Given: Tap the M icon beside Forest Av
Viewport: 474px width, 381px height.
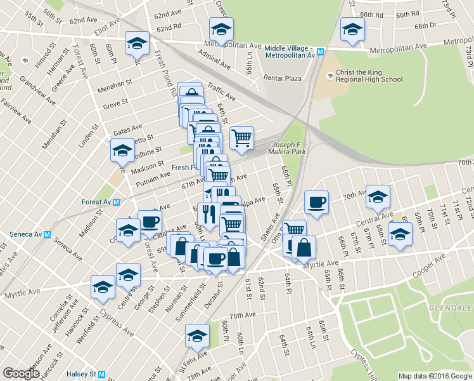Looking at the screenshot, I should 117,202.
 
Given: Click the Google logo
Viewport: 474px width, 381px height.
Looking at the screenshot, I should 21,373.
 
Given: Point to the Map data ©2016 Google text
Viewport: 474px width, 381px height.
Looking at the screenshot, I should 435,376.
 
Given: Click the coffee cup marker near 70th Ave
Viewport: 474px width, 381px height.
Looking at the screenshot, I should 316,203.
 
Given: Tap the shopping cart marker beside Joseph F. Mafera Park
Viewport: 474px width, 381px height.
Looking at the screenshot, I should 241,137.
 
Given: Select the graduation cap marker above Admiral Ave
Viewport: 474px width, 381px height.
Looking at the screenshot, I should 221,29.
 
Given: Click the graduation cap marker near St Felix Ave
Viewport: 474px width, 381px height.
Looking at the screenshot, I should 197,336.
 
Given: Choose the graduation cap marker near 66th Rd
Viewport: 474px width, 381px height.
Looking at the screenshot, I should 352,29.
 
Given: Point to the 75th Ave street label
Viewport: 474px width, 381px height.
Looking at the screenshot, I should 242,315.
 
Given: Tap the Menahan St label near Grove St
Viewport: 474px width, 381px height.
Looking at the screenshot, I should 115,83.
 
